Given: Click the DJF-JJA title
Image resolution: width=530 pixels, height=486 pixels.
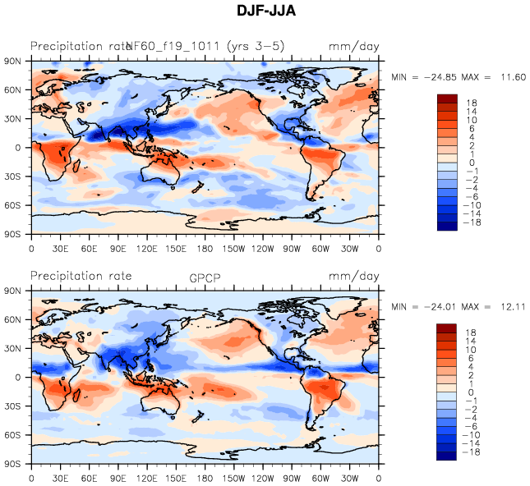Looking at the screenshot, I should (265, 11).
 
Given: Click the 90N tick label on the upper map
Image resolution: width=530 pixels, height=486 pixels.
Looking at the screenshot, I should (14, 61).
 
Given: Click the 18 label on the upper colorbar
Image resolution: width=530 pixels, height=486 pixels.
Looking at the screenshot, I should (472, 103).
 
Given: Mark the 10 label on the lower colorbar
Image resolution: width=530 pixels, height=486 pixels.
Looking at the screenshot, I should (472, 351).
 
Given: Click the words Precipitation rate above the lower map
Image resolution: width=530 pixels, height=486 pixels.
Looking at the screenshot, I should (81, 277).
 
